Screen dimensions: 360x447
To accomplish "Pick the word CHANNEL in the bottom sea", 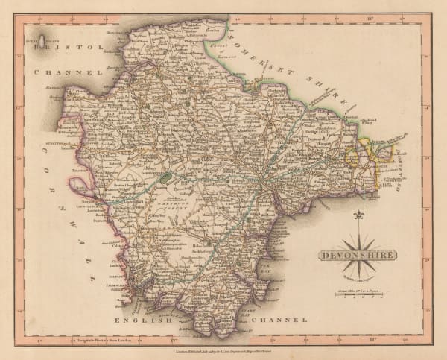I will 283,320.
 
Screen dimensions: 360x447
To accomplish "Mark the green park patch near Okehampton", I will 165,177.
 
